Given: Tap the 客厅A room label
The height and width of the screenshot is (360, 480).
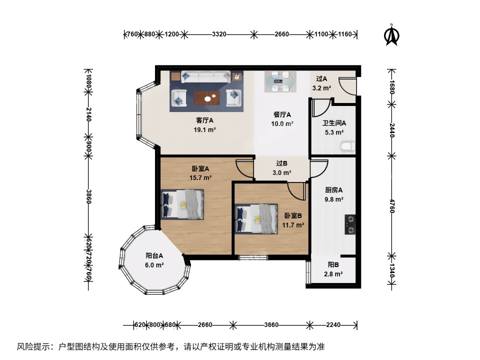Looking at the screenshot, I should click(x=204, y=120).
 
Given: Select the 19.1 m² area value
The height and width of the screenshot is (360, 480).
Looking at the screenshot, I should click(x=204, y=129).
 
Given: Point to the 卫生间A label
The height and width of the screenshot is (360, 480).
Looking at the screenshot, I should click(x=334, y=123).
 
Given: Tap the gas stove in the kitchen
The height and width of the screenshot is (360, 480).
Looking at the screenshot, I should click(x=350, y=224).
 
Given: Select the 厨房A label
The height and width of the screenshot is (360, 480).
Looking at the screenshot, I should click(x=333, y=190).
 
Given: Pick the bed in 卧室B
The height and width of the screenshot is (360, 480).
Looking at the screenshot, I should click(x=256, y=218).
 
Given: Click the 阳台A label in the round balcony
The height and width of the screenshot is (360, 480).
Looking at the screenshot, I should click(x=154, y=255).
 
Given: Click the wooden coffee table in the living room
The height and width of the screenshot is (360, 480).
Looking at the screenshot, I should click(x=207, y=97).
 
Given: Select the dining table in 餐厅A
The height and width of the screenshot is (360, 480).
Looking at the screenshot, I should click(x=280, y=81).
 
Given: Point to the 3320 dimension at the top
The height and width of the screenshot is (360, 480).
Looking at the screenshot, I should click(x=219, y=34).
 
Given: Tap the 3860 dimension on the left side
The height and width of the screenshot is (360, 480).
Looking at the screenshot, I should click(x=88, y=196).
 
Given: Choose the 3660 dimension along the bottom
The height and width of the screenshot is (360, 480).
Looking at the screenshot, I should click(x=271, y=325).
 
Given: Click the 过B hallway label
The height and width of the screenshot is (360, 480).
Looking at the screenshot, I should click(x=281, y=163).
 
